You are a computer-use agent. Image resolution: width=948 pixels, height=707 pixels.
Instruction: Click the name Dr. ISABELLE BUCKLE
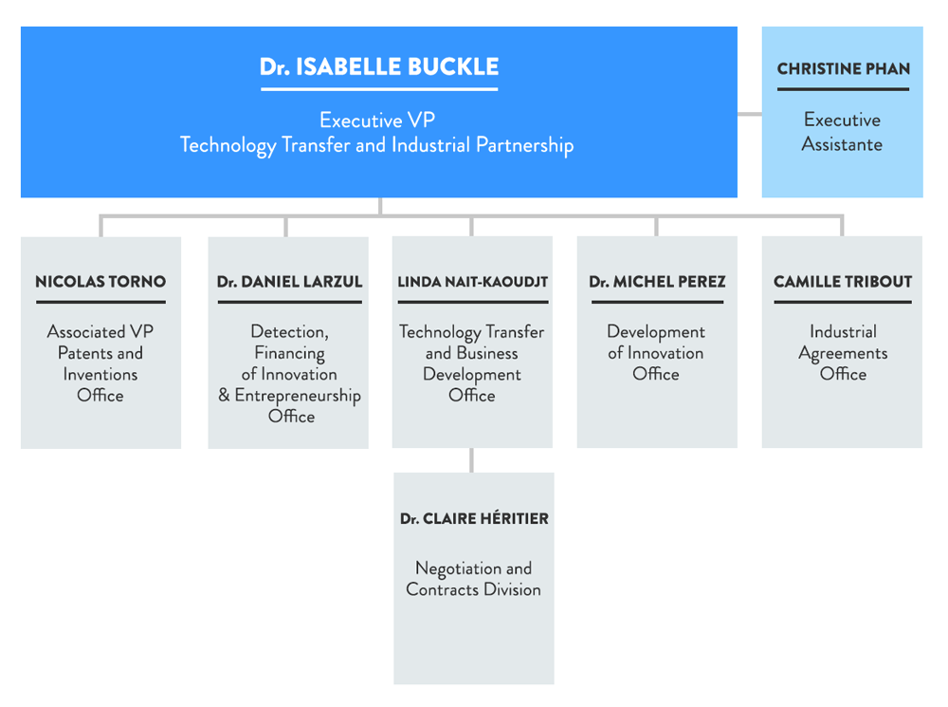pos(379,67)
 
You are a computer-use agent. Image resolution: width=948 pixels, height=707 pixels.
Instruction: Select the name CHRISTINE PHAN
pos(843,69)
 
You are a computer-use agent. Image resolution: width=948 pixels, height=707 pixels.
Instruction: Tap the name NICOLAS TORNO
pos(100,282)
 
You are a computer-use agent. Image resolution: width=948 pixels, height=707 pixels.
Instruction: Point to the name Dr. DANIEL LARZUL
pos(288,282)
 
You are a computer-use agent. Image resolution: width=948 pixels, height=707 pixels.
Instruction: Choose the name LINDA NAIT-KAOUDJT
pos(472,282)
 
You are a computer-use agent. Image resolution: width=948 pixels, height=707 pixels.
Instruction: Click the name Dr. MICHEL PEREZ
pos(657,282)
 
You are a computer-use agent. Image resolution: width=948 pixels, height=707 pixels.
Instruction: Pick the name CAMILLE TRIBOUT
pos(843,282)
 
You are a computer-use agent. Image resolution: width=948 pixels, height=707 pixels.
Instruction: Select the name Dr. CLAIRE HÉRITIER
pos(474,519)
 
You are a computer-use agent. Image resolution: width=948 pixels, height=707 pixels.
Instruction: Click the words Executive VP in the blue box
pos(377,121)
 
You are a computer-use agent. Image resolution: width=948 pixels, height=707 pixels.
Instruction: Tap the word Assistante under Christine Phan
pos(842,144)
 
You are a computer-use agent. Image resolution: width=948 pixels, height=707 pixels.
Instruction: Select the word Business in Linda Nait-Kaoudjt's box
pos(487,353)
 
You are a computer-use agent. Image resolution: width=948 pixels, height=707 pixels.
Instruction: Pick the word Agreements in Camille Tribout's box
pos(843,353)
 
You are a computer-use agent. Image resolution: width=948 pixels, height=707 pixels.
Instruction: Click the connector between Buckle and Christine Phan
pos(750,114)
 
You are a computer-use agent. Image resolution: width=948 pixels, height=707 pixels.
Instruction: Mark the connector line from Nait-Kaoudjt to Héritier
pos(472,460)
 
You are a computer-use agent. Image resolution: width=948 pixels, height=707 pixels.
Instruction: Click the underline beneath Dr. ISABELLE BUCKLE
pos(379,89)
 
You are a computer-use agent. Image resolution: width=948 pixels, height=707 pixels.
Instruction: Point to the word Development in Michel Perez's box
pos(656,332)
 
